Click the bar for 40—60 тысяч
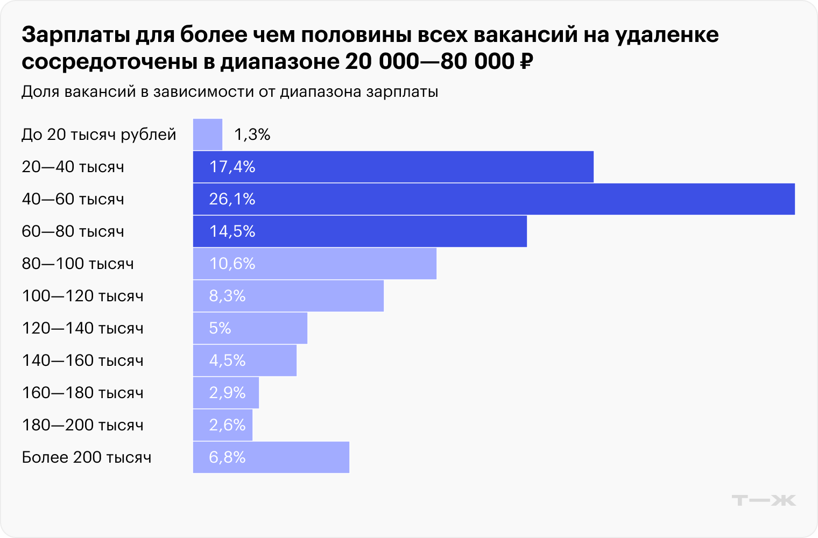tap(493, 199)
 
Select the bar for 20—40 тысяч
tap(393, 167)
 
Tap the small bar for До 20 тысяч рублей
tap(208, 134)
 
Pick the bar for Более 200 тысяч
tap(271, 457)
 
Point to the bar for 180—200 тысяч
tap(223, 425)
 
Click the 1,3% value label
tap(252, 134)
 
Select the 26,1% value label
tap(232, 199)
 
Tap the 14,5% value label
tap(232, 231)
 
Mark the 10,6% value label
tap(232, 264)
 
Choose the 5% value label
tap(220, 328)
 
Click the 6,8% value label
tap(227, 457)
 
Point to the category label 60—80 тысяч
tap(73, 231)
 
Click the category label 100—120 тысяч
tap(82, 296)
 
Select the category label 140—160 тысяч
tap(82, 360)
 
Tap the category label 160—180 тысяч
tap(82, 393)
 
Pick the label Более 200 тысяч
tap(86, 457)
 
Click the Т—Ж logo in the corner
tap(764, 500)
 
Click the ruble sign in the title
tap(526, 62)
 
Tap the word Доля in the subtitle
tap(40, 92)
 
